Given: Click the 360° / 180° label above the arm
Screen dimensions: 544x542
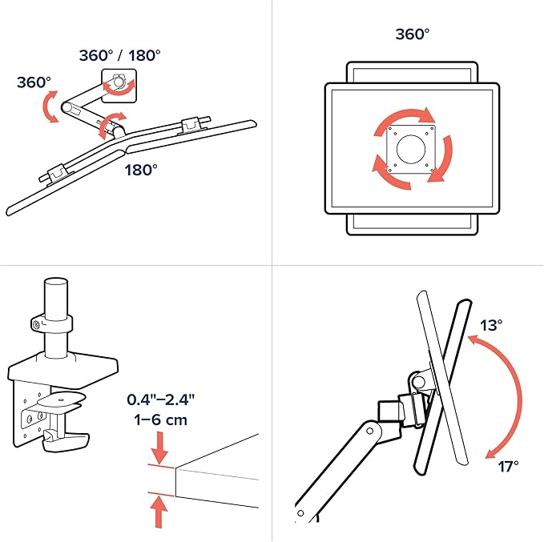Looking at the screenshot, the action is pos(119,55).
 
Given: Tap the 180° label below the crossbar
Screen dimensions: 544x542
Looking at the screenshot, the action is pos(141,170).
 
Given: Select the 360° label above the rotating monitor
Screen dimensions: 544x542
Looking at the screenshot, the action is pos(413,34).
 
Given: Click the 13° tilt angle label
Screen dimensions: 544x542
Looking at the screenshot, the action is pos(491,325).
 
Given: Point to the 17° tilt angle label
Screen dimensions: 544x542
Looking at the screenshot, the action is pos(509,467).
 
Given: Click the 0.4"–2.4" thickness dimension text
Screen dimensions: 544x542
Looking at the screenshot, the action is pos(160,399).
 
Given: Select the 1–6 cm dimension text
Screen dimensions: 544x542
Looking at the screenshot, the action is pos(160,420).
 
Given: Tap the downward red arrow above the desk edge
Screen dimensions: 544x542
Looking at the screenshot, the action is pos(159,448).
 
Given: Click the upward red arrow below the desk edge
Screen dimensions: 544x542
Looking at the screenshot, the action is pos(159,511).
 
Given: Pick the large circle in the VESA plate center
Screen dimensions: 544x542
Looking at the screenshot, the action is pos(411,150).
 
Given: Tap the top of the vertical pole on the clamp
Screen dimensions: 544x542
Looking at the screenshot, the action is pos(56,282).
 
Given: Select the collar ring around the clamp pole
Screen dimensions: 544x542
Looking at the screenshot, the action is pos(51,323).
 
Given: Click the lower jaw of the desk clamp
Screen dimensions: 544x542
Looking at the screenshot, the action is pos(66,441).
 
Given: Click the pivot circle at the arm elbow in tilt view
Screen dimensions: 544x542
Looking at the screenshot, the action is pos(369,431).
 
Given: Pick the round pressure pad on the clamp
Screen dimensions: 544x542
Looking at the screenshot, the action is pos(62,399).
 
